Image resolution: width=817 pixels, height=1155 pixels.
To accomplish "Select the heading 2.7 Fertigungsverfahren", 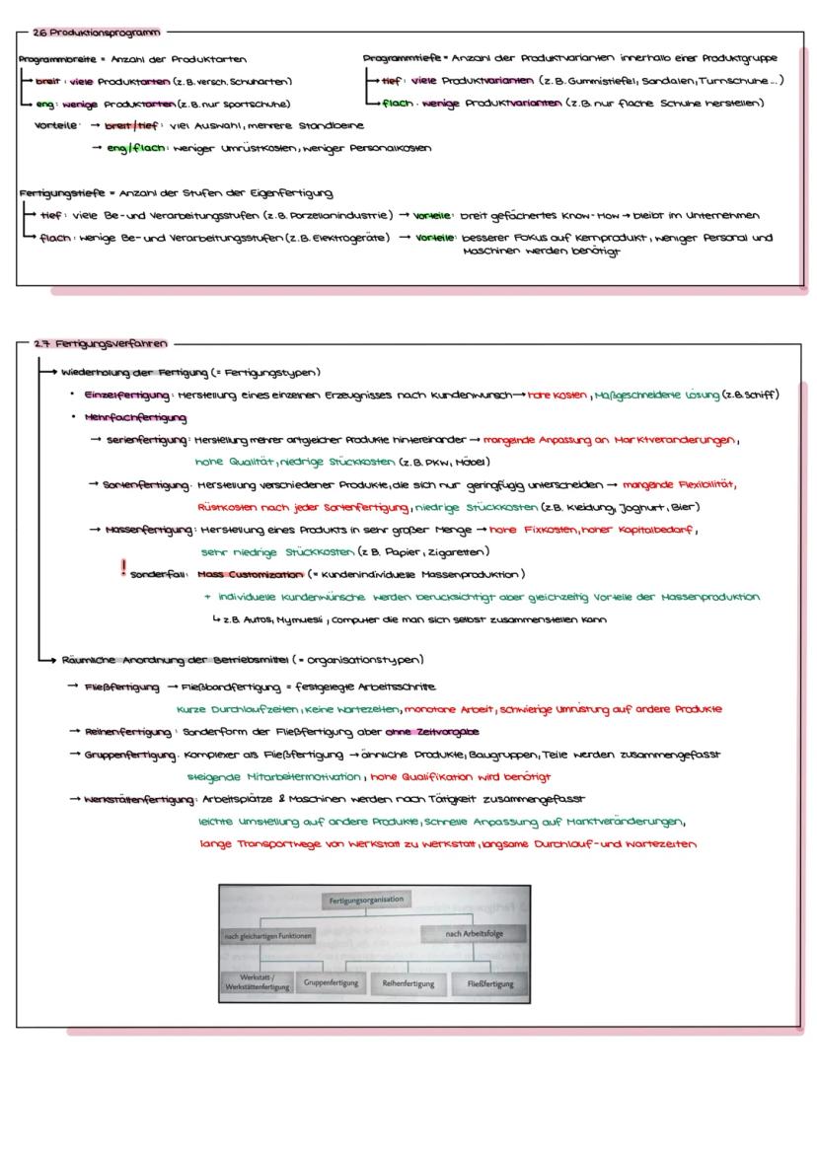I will click(100, 343).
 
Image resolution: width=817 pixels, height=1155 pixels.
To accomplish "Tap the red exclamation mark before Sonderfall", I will click(123, 568).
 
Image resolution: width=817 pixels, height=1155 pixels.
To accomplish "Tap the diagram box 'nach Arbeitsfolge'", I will click(472, 933).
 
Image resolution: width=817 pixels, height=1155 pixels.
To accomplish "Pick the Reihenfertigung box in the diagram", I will click(407, 983).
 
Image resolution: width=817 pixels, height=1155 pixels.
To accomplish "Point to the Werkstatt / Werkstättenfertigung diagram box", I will click(257, 983).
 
